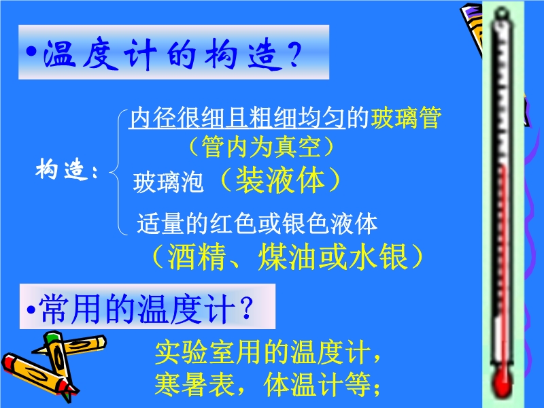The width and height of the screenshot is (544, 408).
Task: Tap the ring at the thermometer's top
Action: [502, 13]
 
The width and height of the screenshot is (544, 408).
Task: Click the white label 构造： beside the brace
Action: [66, 169]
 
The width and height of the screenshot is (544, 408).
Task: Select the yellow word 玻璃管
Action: [405, 118]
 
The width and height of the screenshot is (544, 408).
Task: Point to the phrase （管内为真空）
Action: [261, 146]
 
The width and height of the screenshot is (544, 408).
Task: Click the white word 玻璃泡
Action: [168, 182]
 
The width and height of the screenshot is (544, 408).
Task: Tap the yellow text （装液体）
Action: [280, 180]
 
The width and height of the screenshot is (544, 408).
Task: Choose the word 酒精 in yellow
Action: [197, 257]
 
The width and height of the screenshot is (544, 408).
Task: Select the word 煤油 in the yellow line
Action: [287, 257]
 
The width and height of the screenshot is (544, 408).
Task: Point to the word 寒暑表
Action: [194, 385]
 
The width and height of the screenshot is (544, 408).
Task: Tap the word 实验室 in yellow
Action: [194, 353]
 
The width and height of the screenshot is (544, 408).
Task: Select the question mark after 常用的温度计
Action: [247, 308]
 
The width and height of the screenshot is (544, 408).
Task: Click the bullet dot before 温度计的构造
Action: [31, 52]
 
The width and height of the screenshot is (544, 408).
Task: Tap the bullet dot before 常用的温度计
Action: [31, 309]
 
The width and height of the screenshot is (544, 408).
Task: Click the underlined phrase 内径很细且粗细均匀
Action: [237, 118]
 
